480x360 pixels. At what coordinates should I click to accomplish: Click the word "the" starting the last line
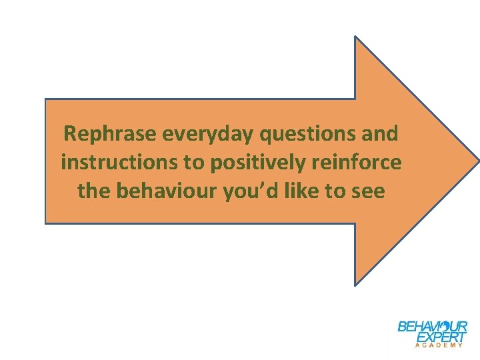(x=94, y=191)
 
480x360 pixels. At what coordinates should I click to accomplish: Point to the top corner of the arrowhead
(x=355, y=37)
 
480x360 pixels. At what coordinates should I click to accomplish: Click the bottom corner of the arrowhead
(x=355, y=285)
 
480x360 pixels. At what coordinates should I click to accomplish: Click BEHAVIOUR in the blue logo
(x=432, y=327)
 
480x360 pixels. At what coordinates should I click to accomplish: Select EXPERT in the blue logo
(x=441, y=337)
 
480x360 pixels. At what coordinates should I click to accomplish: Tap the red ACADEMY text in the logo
(x=439, y=345)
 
